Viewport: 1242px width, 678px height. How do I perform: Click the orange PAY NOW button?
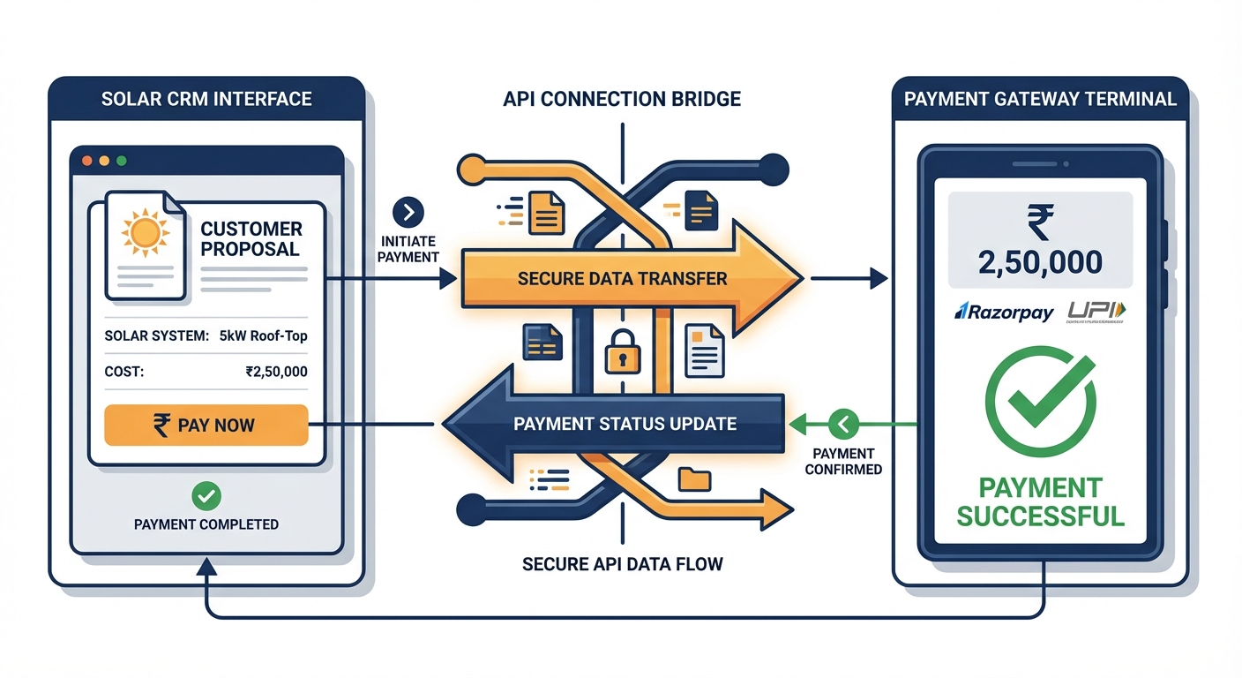tap(206, 425)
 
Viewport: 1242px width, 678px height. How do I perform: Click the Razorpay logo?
tap(1004, 312)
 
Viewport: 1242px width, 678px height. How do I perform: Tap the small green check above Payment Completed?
tap(206, 496)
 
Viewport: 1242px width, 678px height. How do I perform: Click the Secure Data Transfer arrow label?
tap(622, 279)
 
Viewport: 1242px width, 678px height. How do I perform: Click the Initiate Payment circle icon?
tap(409, 213)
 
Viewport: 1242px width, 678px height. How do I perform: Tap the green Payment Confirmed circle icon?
tap(842, 425)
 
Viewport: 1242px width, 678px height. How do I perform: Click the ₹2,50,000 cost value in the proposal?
tap(276, 372)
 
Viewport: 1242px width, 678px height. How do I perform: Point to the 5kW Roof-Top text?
tap(265, 335)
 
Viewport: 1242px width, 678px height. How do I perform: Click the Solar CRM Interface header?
tap(206, 98)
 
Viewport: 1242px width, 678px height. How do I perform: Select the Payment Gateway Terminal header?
tap(1040, 98)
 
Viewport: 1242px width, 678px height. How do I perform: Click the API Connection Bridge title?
tap(622, 98)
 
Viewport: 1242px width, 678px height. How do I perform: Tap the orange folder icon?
tap(695, 478)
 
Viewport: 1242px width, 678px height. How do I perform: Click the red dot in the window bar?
tap(86, 162)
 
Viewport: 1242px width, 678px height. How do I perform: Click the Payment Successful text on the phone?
tap(1041, 501)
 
